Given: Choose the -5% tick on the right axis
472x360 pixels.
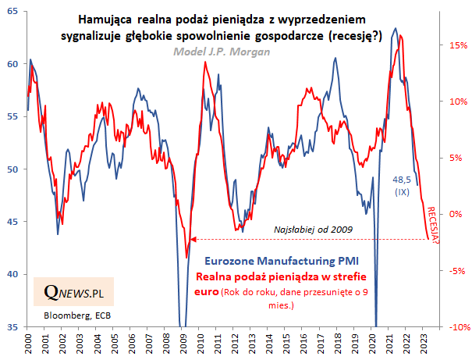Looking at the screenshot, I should pyautogui.click(x=456, y=271).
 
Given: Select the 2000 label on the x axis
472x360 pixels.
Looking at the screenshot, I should pyautogui.click(x=28, y=342).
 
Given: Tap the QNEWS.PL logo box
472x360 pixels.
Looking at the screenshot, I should pyautogui.click(x=73, y=293).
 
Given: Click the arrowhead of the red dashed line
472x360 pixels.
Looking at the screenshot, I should pyautogui.click(x=192, y=239).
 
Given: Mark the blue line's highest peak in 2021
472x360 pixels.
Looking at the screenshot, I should pyautogui.click(x=393, y=29).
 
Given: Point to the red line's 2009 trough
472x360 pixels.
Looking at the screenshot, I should pyautogui.click(x=186, y=257).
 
